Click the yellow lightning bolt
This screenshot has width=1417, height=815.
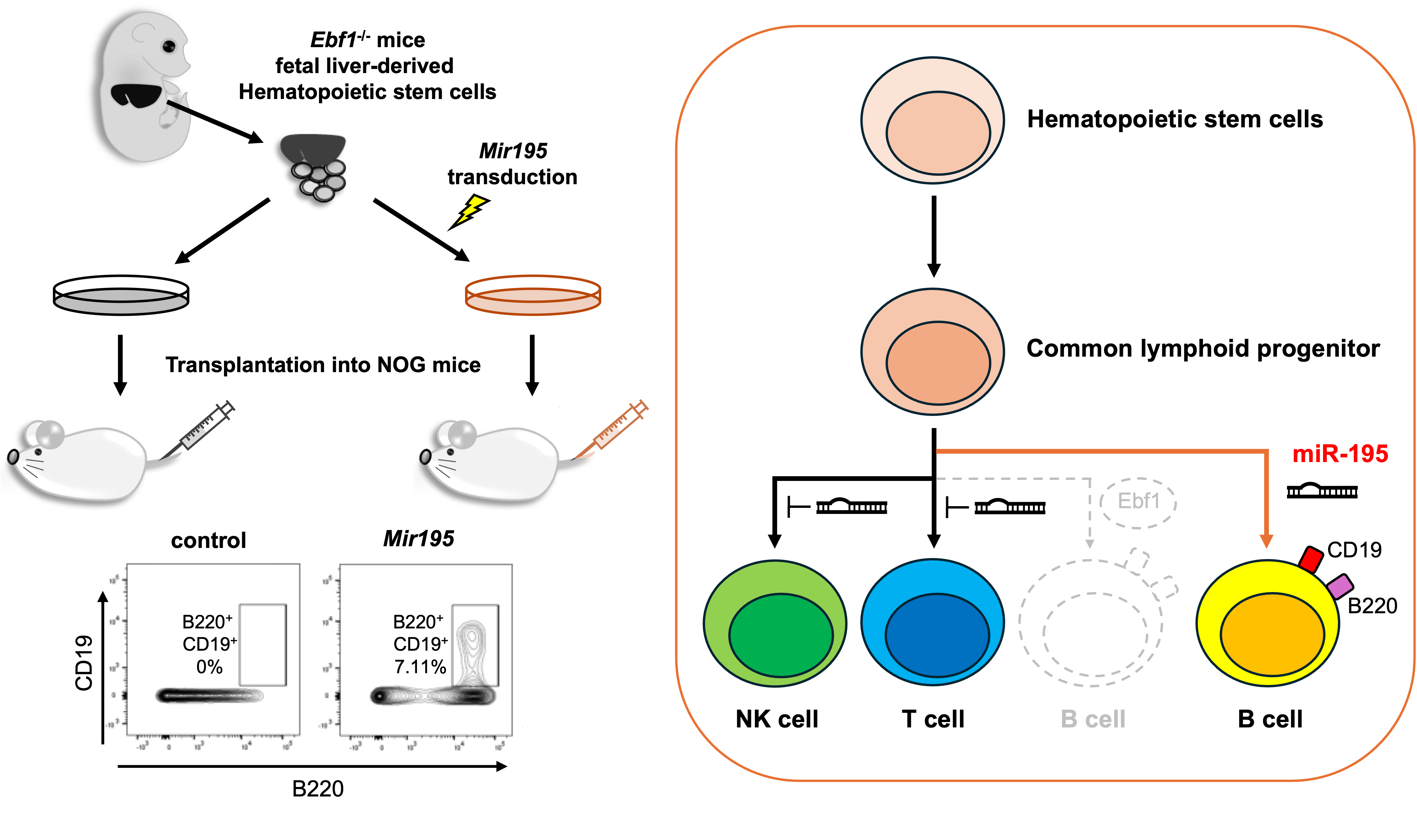click(x=471, y=210)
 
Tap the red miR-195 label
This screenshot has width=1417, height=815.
click(x=1340, y=454)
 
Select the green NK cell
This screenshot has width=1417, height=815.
click(x=775, y=623)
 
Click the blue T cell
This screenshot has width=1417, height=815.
click(x=932, y=622)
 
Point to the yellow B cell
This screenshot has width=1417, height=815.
click(x=1267, y=623)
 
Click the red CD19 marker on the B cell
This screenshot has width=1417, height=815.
click(x=1310, y=559)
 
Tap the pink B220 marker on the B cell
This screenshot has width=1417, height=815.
click(x=1340, y=586)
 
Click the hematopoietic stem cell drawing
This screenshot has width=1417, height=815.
click(x=932, y=120)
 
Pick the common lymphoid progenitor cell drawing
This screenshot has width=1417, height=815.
click(x=932, y=352)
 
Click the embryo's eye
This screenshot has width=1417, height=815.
click(x=169, y=46)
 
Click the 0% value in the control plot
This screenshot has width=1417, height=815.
click(x=209, y=667)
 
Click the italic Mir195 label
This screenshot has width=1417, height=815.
click(x=419, y=539)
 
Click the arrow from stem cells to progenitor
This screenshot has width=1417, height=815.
click(x=933, y=235)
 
